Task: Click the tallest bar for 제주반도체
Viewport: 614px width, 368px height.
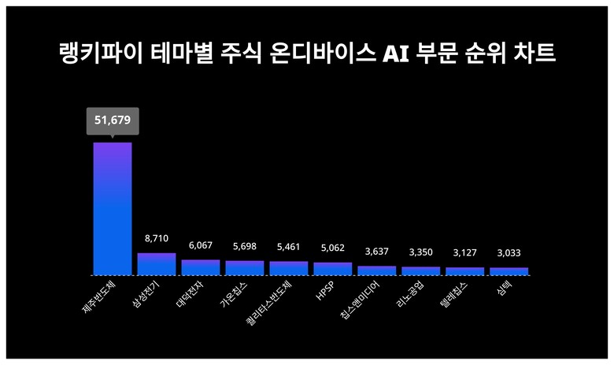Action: (113, 208)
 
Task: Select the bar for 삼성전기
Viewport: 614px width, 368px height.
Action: (157, 264)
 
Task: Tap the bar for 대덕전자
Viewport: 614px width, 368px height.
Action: (201, 267)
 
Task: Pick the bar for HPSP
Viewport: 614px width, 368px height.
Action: (333, 269)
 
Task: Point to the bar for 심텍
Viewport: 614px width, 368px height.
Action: (509, 271)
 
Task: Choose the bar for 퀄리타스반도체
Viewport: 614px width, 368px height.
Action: (289, 268)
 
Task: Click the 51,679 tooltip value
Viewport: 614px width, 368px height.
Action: (112, 121)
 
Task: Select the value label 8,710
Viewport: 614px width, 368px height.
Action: (157, 237)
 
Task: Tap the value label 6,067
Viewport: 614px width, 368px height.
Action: (201, 245)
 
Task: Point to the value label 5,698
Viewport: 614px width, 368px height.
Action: (245, 246)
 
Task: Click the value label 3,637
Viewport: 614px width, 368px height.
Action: (377, 252)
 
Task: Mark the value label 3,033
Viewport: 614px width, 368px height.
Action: (509, 253)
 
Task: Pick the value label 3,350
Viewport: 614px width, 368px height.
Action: (421, 252)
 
